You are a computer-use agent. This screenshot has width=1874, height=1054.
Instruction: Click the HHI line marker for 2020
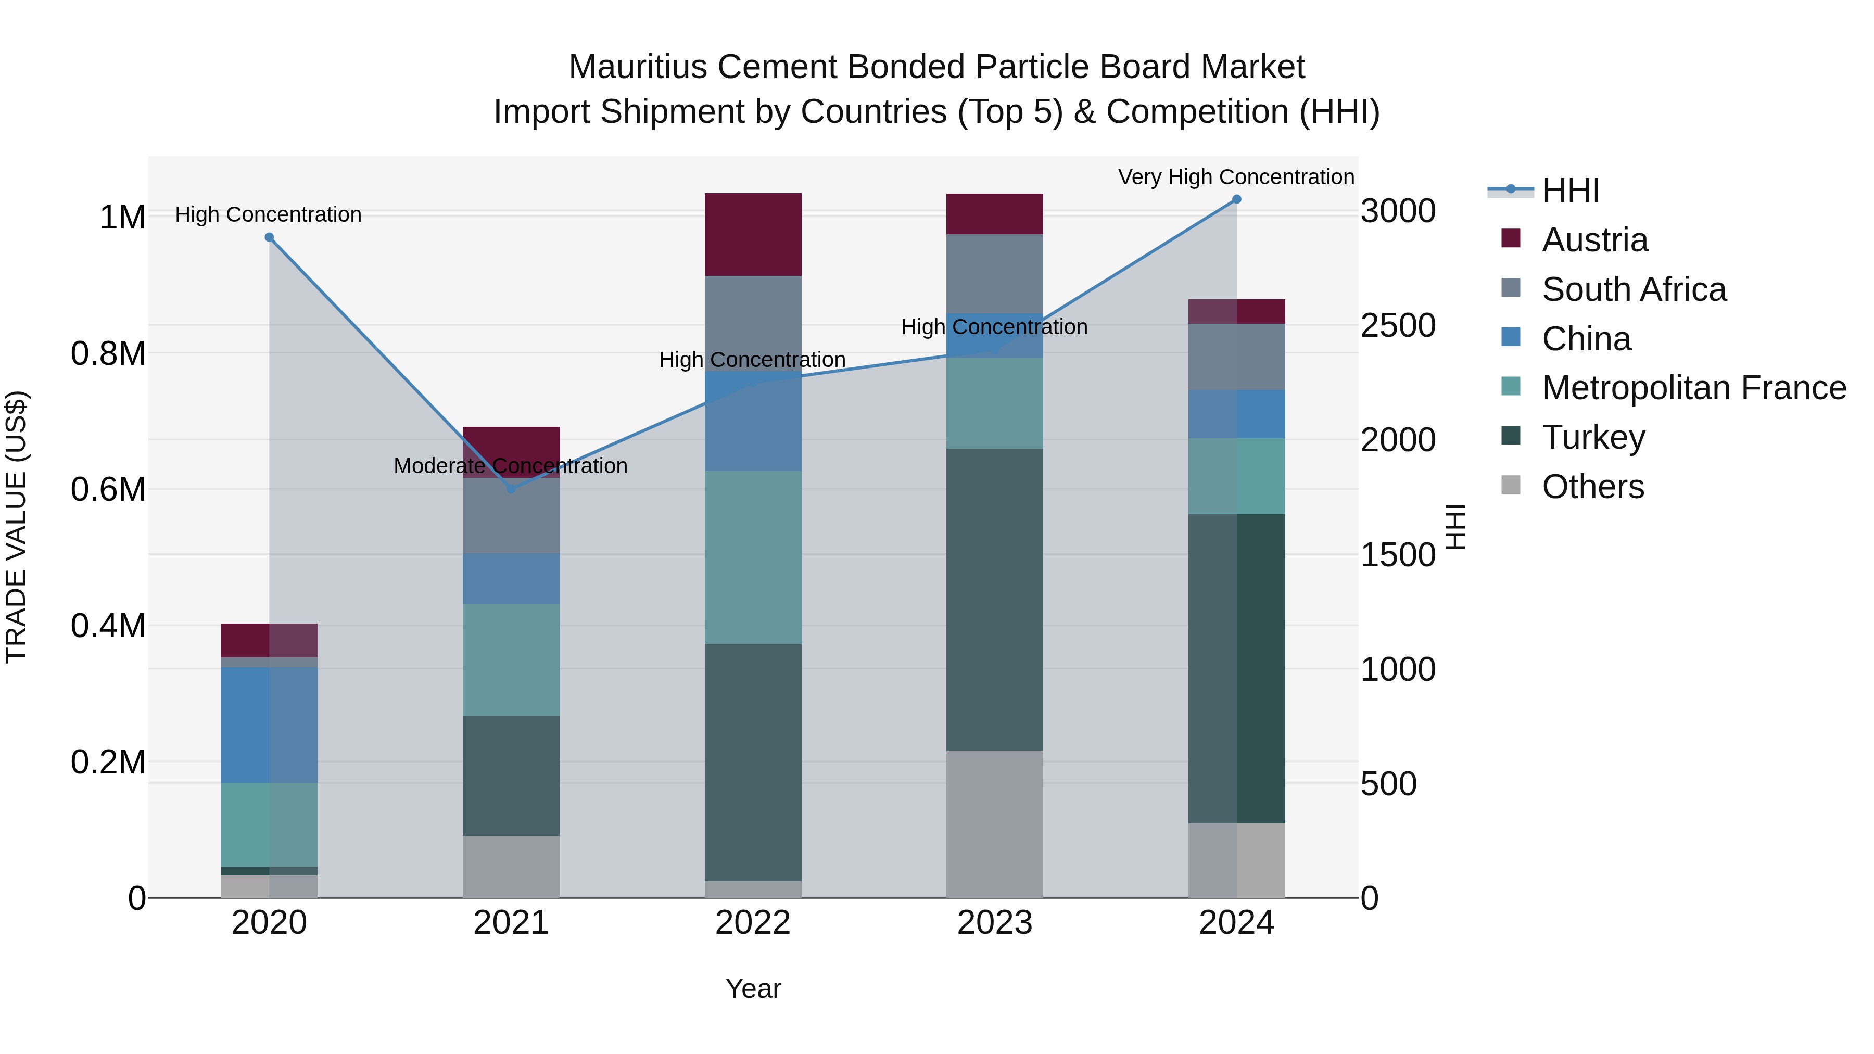(269, 237)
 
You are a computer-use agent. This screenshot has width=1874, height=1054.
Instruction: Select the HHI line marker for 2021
(511, 489)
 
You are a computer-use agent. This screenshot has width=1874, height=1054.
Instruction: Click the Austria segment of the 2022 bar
(753, 234)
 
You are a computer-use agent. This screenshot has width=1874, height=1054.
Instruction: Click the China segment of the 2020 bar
(269, 725)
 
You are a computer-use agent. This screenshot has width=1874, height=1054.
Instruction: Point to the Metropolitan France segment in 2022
(753, 556)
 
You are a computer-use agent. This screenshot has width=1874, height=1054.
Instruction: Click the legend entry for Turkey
(1593, 437)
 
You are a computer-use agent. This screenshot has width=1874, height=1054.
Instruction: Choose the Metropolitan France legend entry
(1693, 388)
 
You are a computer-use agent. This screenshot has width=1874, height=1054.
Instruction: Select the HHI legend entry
(1570, 191)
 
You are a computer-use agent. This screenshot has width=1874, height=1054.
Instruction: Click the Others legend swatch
(1511, 485)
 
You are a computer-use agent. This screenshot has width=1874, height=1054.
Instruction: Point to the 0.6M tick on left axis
(108, 490)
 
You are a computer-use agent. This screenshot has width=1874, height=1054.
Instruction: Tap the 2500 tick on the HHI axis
(1398, 325)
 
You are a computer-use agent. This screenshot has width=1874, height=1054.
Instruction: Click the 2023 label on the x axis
(994, 923)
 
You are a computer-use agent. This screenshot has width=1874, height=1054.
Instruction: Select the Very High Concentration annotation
(1235, 177)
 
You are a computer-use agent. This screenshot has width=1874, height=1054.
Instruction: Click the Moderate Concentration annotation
(510, 465)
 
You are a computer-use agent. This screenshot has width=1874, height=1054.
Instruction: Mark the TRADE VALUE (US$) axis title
(16, 527)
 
